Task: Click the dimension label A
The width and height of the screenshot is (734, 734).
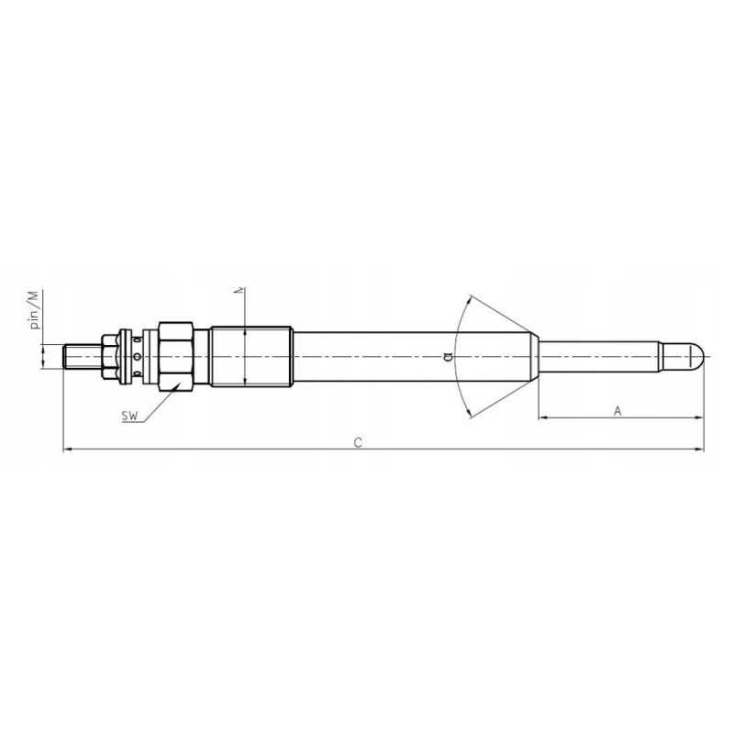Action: coord(617,412)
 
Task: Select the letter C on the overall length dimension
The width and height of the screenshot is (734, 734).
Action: coord(359,442)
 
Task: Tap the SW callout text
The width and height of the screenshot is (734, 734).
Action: coord(130,417)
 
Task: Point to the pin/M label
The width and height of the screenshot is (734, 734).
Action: coord(34,310)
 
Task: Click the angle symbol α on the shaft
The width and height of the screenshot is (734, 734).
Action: coord(447,357)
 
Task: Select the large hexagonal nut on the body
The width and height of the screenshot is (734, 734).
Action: coord(175,356)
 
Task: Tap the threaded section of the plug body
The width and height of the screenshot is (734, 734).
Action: coord(250,356)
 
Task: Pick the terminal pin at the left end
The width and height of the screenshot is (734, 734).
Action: coord(81,356)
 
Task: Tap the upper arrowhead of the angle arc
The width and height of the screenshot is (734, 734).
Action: coord(470,298)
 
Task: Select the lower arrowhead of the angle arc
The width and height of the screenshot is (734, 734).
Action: coord(470,415)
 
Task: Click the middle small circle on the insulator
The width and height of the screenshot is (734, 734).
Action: coord(137,357)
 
